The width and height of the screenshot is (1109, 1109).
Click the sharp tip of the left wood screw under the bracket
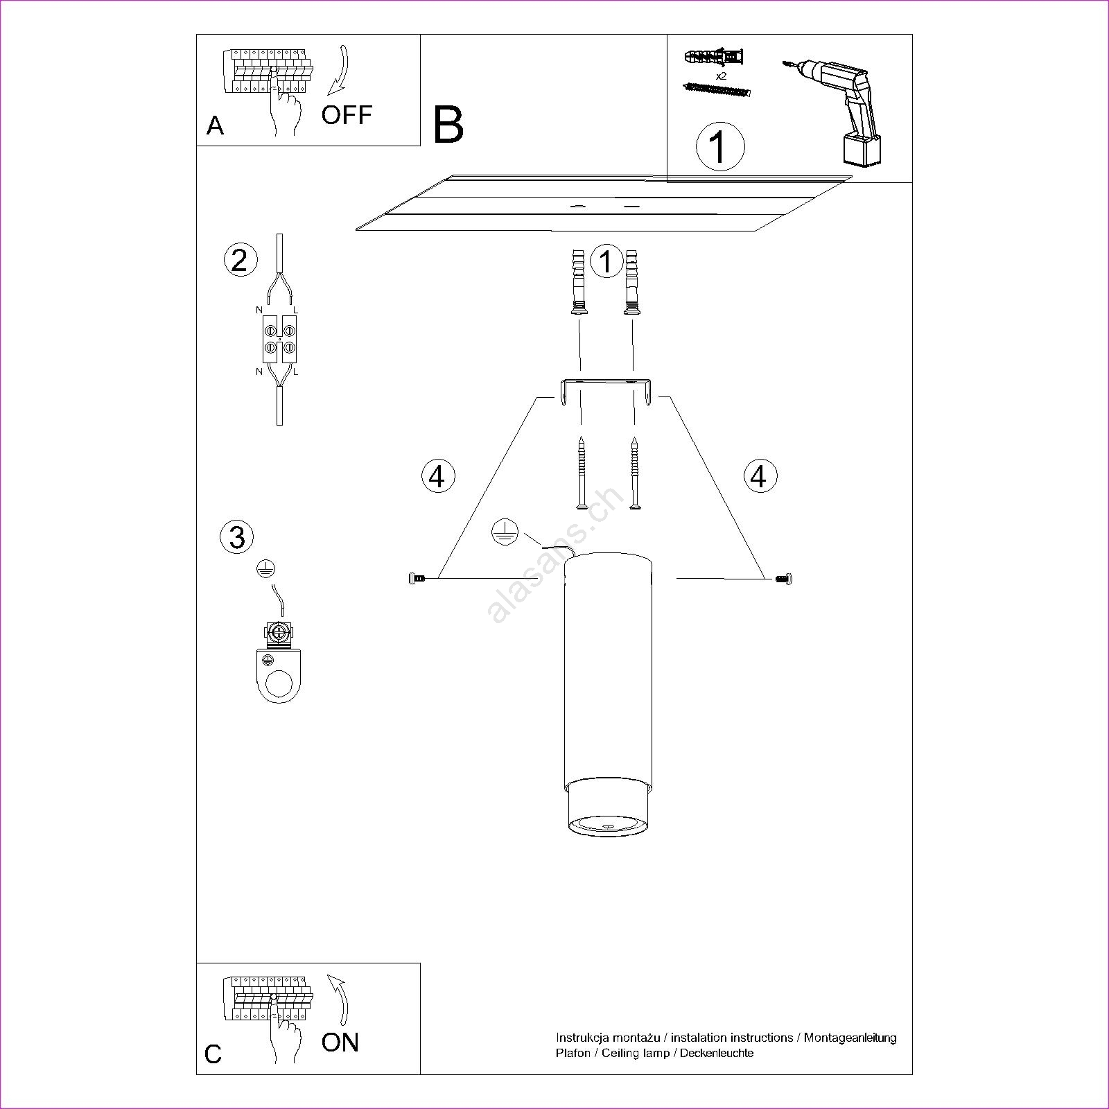point(582,437)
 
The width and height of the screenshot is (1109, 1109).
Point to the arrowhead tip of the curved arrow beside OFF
point(329,94)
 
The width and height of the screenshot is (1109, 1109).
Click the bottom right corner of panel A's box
point(420,146)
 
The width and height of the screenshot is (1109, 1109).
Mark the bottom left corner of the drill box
point(667,182)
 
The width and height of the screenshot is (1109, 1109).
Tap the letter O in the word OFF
point(331,115)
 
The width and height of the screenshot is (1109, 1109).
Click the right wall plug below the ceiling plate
point(631,281)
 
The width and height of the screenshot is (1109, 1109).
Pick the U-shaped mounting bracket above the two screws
point(606,392)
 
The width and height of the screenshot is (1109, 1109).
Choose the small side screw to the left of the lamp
point(418,577)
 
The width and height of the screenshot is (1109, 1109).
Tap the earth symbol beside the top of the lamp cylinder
point(505,531)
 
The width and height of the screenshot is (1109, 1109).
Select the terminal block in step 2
point(279,338)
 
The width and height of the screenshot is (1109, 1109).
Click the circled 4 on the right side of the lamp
point(760,476)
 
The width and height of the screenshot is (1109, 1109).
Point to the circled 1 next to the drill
point(720,147)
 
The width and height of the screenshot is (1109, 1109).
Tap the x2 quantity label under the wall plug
point(721,76)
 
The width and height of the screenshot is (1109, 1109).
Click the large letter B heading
point(448,125)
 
